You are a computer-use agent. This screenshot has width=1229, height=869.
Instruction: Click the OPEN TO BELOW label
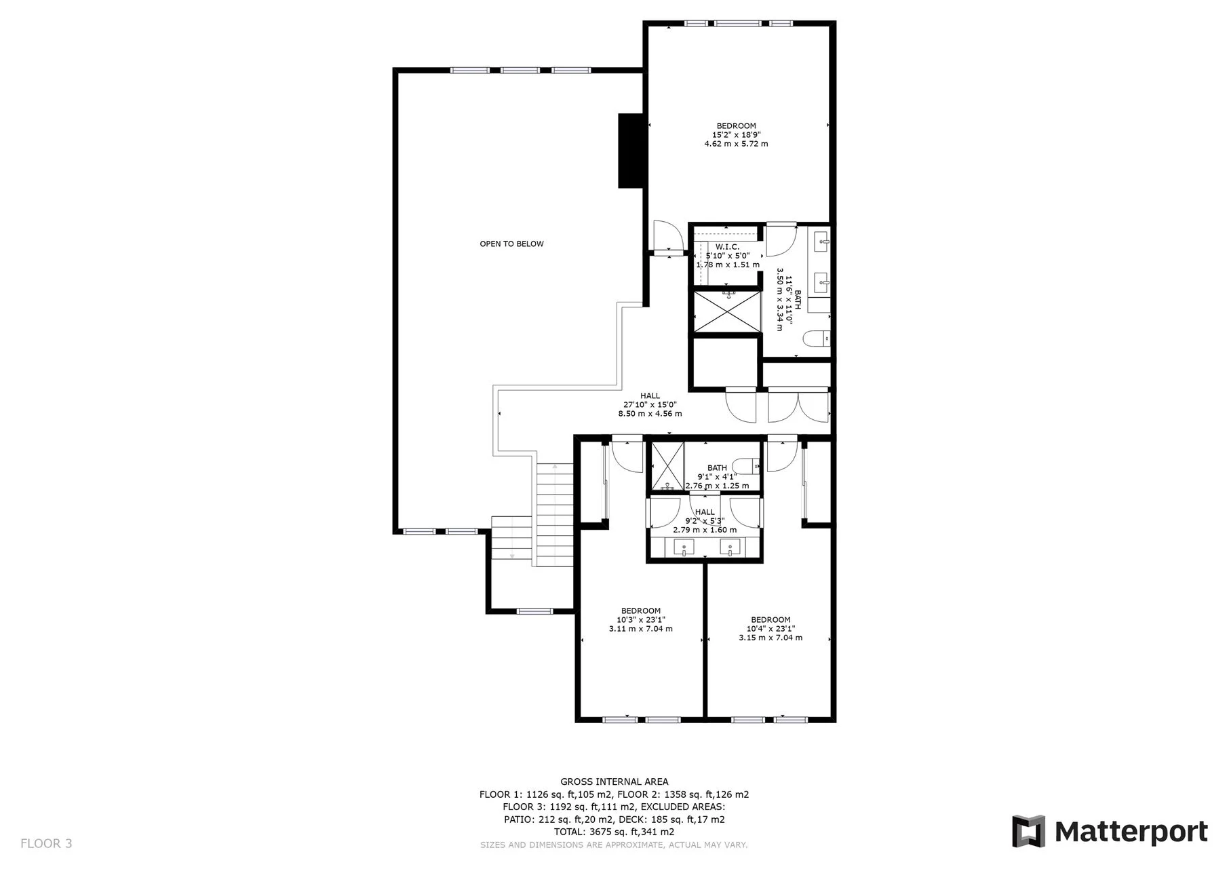[x=511, y=244]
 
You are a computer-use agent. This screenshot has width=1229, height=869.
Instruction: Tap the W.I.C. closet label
[x=727, y=247]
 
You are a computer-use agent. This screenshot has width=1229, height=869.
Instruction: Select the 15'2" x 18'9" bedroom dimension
[x=736, y=134]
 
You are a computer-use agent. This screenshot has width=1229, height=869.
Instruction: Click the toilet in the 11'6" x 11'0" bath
[x=816, y=338]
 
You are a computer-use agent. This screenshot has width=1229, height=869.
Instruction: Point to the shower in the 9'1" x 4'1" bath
[x=667, y=465]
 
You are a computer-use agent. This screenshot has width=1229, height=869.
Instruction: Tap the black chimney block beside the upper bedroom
[x=630, y=151]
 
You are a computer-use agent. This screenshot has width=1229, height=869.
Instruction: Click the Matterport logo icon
[x=1028, y=831]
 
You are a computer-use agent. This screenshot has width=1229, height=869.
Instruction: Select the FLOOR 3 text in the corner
[x=46, y=844]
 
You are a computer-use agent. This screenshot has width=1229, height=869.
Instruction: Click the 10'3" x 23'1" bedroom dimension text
[x=640, y=619]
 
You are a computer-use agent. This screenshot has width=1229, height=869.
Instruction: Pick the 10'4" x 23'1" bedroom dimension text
[x=770, y=628]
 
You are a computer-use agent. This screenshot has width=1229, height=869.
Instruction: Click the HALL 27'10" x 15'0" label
[x=650, y=404]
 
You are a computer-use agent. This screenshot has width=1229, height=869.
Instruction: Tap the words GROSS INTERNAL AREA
[x=614, y=782]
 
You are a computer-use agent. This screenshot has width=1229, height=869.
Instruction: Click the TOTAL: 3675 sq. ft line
[x=614, y=832]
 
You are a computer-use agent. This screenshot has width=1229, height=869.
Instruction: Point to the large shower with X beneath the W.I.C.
[x=726, y=311]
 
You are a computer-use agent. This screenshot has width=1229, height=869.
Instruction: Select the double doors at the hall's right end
[x=798, y=406]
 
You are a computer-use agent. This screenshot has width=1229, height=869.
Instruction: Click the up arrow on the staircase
[x=555, y=467]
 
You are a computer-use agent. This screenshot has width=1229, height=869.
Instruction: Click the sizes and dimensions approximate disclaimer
[x=614, y=845]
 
